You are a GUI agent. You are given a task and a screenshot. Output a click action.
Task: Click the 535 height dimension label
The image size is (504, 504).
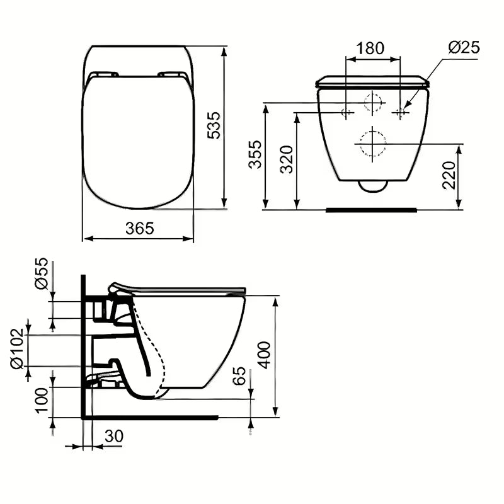[x=214, y=125]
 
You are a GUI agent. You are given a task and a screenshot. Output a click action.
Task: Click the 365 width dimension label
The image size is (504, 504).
[x=139, y=228]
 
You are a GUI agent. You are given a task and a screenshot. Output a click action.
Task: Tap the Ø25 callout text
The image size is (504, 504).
[x=464, y=47]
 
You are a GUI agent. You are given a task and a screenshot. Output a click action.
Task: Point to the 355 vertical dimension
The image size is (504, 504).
[x=255, y=154]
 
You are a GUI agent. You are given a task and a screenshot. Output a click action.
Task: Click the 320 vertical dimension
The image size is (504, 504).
[x=286, y=159]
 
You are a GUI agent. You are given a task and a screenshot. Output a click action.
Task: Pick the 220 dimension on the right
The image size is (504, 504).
[x=448, y=175]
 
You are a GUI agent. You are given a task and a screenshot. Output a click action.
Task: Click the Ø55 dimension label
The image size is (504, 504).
[x=42, y=273]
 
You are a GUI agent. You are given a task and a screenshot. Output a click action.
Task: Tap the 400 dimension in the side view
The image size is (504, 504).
[x=264, y=354]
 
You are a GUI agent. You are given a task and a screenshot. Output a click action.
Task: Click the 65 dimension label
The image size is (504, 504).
[x=239, y=377]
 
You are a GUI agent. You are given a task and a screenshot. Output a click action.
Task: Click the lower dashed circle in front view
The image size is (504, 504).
[x=373, y=144]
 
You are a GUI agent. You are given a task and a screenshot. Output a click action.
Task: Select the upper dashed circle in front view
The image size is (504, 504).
[x=373, y=102]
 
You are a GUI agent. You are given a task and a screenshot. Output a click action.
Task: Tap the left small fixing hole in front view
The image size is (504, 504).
[x=346, y=113]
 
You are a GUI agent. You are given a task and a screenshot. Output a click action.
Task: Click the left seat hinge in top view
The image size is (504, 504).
[x=103, y=75]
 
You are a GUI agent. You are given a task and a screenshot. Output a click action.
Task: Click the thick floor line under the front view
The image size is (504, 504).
[x=371, y=209]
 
